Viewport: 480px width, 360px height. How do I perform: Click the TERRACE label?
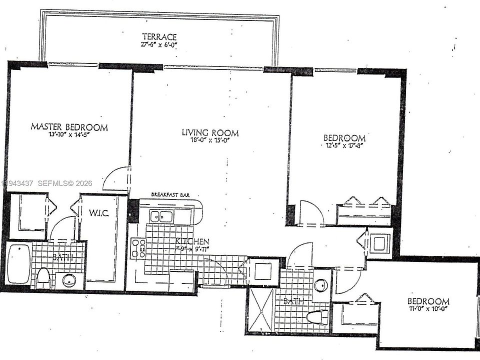[159, 36]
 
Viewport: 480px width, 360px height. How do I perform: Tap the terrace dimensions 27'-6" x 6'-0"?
[159, 45]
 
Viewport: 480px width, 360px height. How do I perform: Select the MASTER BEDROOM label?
[69, 127]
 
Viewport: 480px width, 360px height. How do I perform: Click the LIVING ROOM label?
[210, 133]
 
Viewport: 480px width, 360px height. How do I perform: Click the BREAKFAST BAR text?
[171, 195]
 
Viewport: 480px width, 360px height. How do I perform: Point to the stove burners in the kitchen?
[138, 248]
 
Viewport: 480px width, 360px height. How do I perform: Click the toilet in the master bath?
[43, 277]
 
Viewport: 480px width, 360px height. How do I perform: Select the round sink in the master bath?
[69, 280]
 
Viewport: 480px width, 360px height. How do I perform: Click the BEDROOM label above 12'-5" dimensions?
[344, 138]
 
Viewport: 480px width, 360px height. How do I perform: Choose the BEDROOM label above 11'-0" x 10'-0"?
[428, 301]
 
